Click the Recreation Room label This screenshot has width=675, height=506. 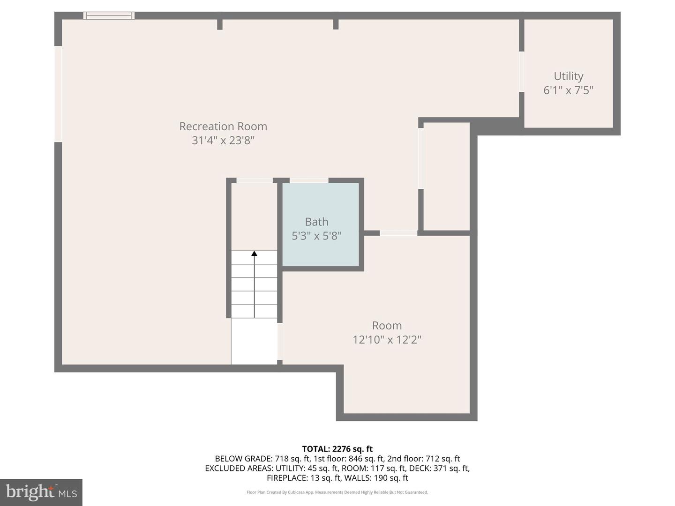point(223,126)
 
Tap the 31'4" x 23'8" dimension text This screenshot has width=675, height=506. point(223,141)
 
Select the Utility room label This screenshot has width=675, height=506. point(568,76)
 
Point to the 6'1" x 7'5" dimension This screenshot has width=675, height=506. point(568,90)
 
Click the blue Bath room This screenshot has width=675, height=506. point(321,224)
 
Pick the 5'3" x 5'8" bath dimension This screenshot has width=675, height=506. point(316,236)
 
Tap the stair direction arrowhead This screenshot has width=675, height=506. point(254,253)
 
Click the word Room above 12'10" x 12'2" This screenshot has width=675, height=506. point(387,325)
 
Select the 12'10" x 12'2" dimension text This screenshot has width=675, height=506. point(387,340)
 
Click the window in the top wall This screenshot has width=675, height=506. point(109,15)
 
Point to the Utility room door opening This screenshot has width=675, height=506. point(522,72)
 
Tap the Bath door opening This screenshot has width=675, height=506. point(309,180)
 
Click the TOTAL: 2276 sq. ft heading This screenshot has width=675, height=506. point(337,449)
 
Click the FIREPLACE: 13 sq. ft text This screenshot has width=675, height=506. point(304,478)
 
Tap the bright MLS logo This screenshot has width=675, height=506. point(41,492)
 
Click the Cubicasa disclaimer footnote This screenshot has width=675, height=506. point(337,492)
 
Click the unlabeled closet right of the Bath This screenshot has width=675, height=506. point(447,176)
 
